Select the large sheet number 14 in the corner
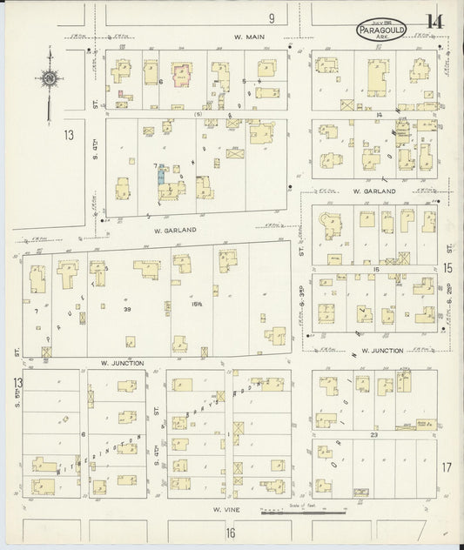pos(433,24)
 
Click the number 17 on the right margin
pos(447,468)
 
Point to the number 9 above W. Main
pos(272,17)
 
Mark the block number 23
pos(373,433)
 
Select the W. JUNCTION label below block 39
pos(122,361)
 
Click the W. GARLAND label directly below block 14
pos(374,191)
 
